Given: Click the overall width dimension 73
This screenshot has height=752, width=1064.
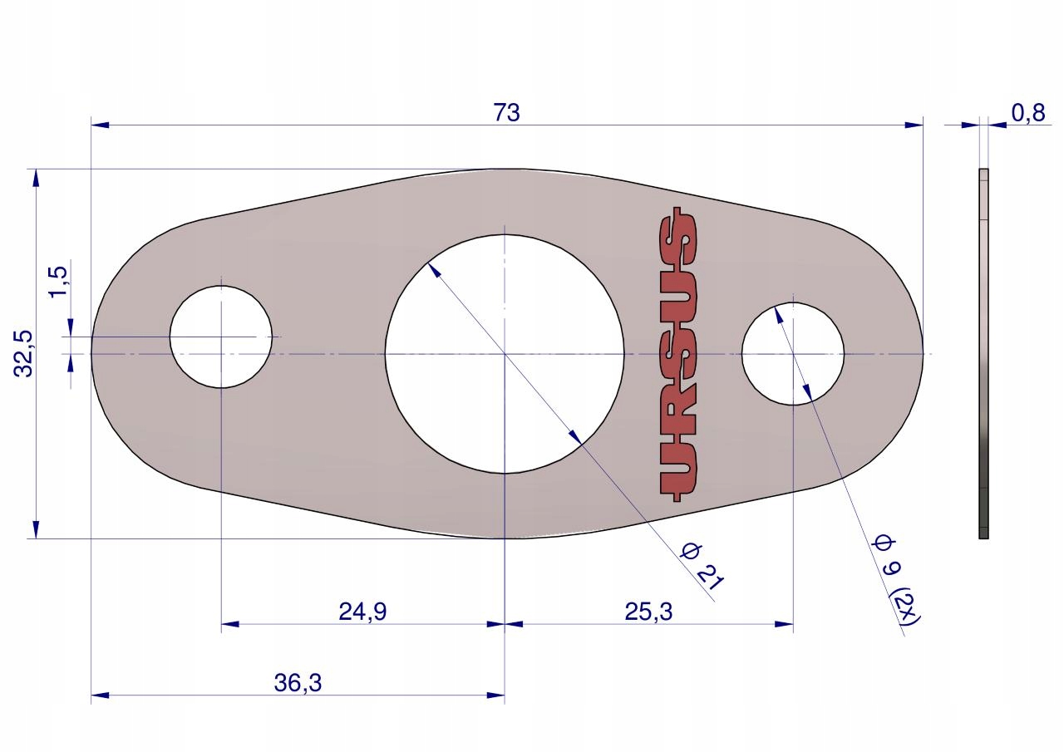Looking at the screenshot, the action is click(x=507, y=113).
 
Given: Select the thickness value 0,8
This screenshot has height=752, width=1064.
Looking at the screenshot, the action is click(x=1028, y=113).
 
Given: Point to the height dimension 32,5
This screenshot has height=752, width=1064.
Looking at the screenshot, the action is click(x=23, y=354).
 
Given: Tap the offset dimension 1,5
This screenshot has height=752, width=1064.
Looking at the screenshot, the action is click(x=59, y=282).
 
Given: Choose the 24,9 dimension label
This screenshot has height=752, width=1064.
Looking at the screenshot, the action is click(x=362, y=612).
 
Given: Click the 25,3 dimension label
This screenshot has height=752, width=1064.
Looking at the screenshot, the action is click(x=648, y=612).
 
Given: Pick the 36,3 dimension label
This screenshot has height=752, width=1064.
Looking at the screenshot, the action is click(x=298, y=683).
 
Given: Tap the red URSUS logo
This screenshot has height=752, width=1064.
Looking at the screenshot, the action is click(x=677, y=354).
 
